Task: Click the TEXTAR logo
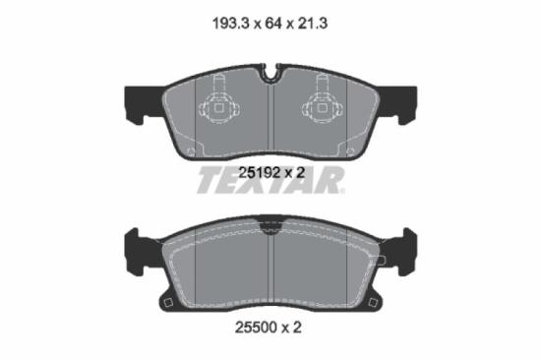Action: pos(270,182)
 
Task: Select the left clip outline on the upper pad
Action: pos(220,106)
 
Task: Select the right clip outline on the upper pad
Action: pos(322,106)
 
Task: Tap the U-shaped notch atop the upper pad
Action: pos(270,73)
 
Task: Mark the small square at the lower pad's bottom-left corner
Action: pos(168,300)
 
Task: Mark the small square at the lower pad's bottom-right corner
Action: pos(373,300)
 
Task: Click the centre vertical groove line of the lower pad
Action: pos(270,270)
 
